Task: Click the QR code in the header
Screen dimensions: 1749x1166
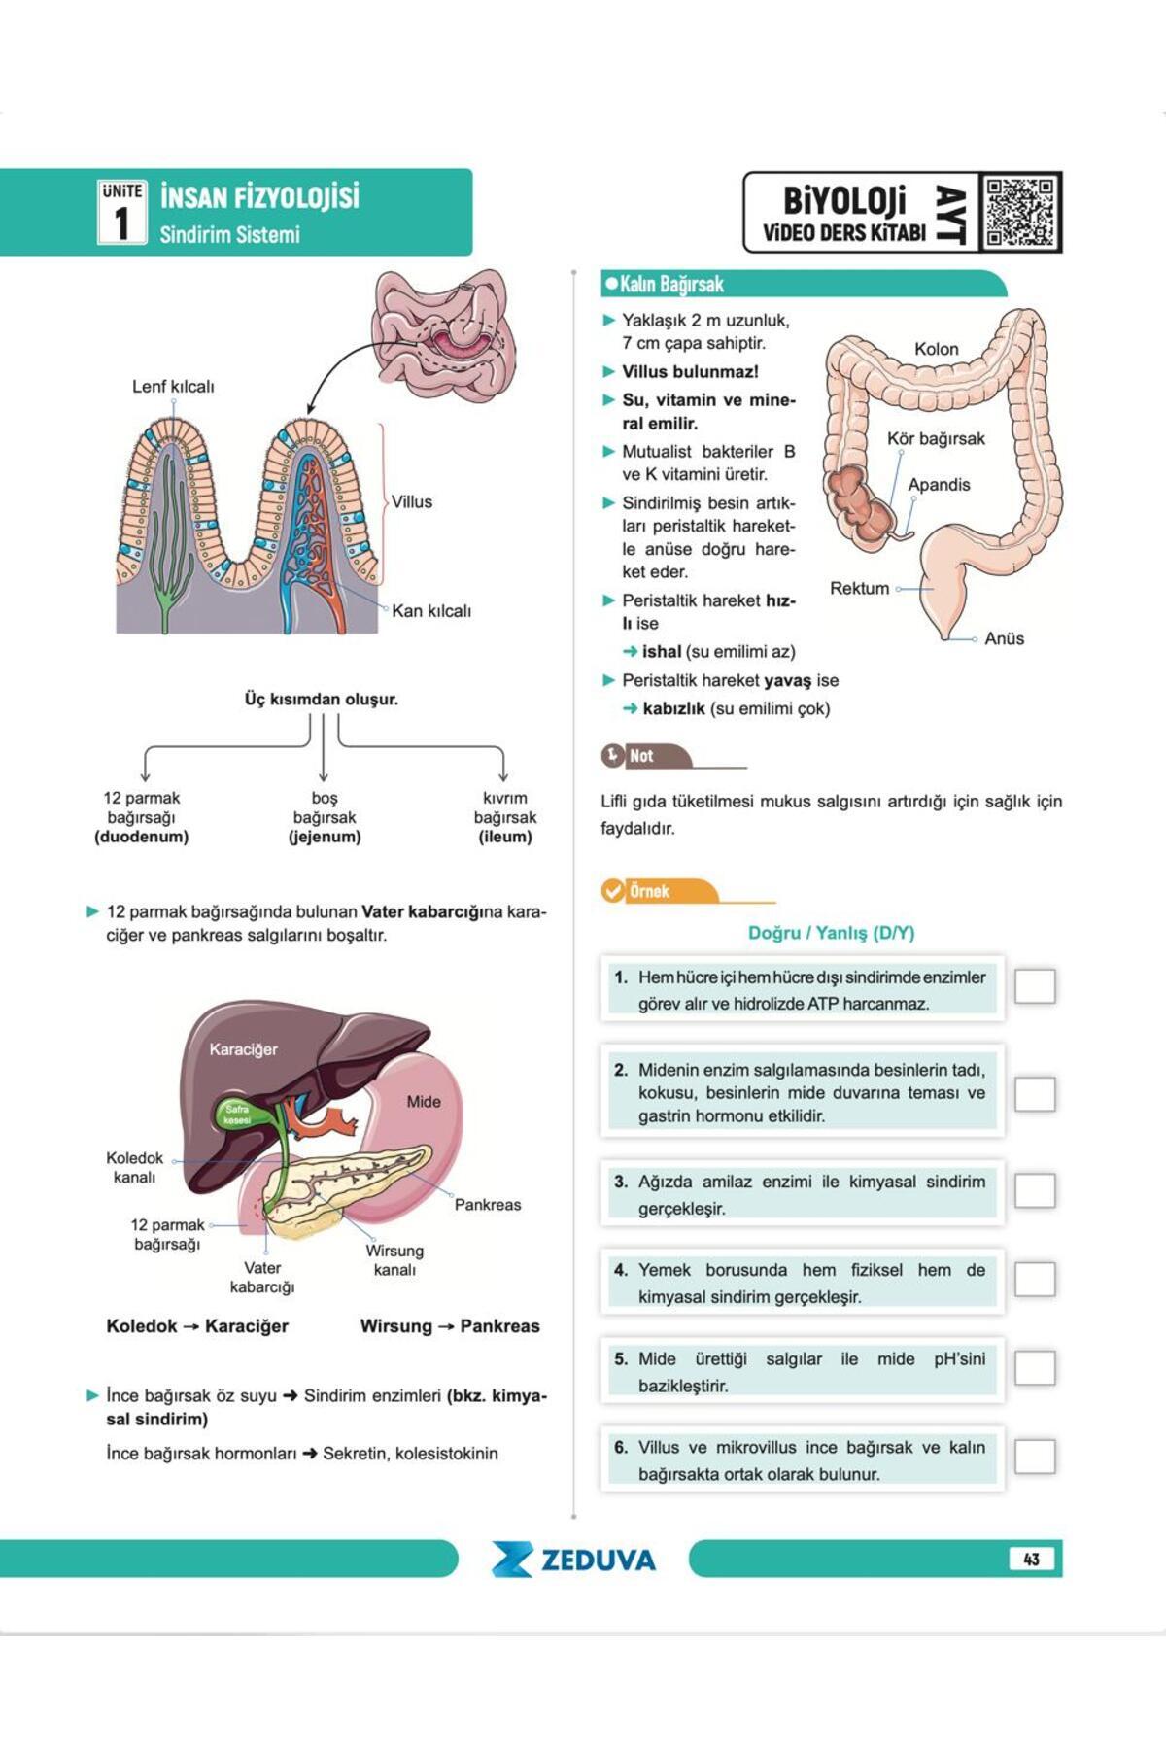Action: click(x=1019, y=212)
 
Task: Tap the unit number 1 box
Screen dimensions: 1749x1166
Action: click(x=121, y=212)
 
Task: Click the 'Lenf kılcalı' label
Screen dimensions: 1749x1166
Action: click(x=173, y=386)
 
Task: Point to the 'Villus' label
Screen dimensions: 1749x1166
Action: click(x=412, y=501)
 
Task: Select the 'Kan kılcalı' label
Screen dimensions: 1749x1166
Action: click(x=431, y=610)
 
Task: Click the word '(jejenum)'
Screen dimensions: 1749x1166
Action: click(x=325, y=837)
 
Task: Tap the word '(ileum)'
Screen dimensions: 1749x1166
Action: click(x=505, y=837)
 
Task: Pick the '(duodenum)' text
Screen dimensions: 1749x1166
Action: click(x=142, y=837)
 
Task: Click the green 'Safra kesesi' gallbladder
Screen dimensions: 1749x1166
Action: click(x=236, y=1114)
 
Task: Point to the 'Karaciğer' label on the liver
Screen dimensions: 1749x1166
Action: click(x=243, y=1049)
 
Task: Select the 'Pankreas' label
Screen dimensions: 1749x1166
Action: click(x=488, y=1204)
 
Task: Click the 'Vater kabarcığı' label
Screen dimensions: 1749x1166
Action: click(x=262, y=1277)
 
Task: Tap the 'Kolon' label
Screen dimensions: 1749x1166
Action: click(x=936, y=348)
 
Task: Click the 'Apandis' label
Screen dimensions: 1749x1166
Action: click(x=939, y=484)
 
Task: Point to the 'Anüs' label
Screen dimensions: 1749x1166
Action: click(x=1004, y=638)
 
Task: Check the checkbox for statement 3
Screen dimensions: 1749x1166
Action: click(x=1035, y=1190)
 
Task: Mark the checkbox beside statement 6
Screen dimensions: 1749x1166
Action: click(x=1035, y=1456)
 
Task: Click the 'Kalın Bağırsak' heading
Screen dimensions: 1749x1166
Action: click(x=671, y=284)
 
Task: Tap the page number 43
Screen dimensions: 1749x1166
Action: click(x=1031, y=1559)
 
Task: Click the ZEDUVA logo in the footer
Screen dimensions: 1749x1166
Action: click(x=573, y=1560)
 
